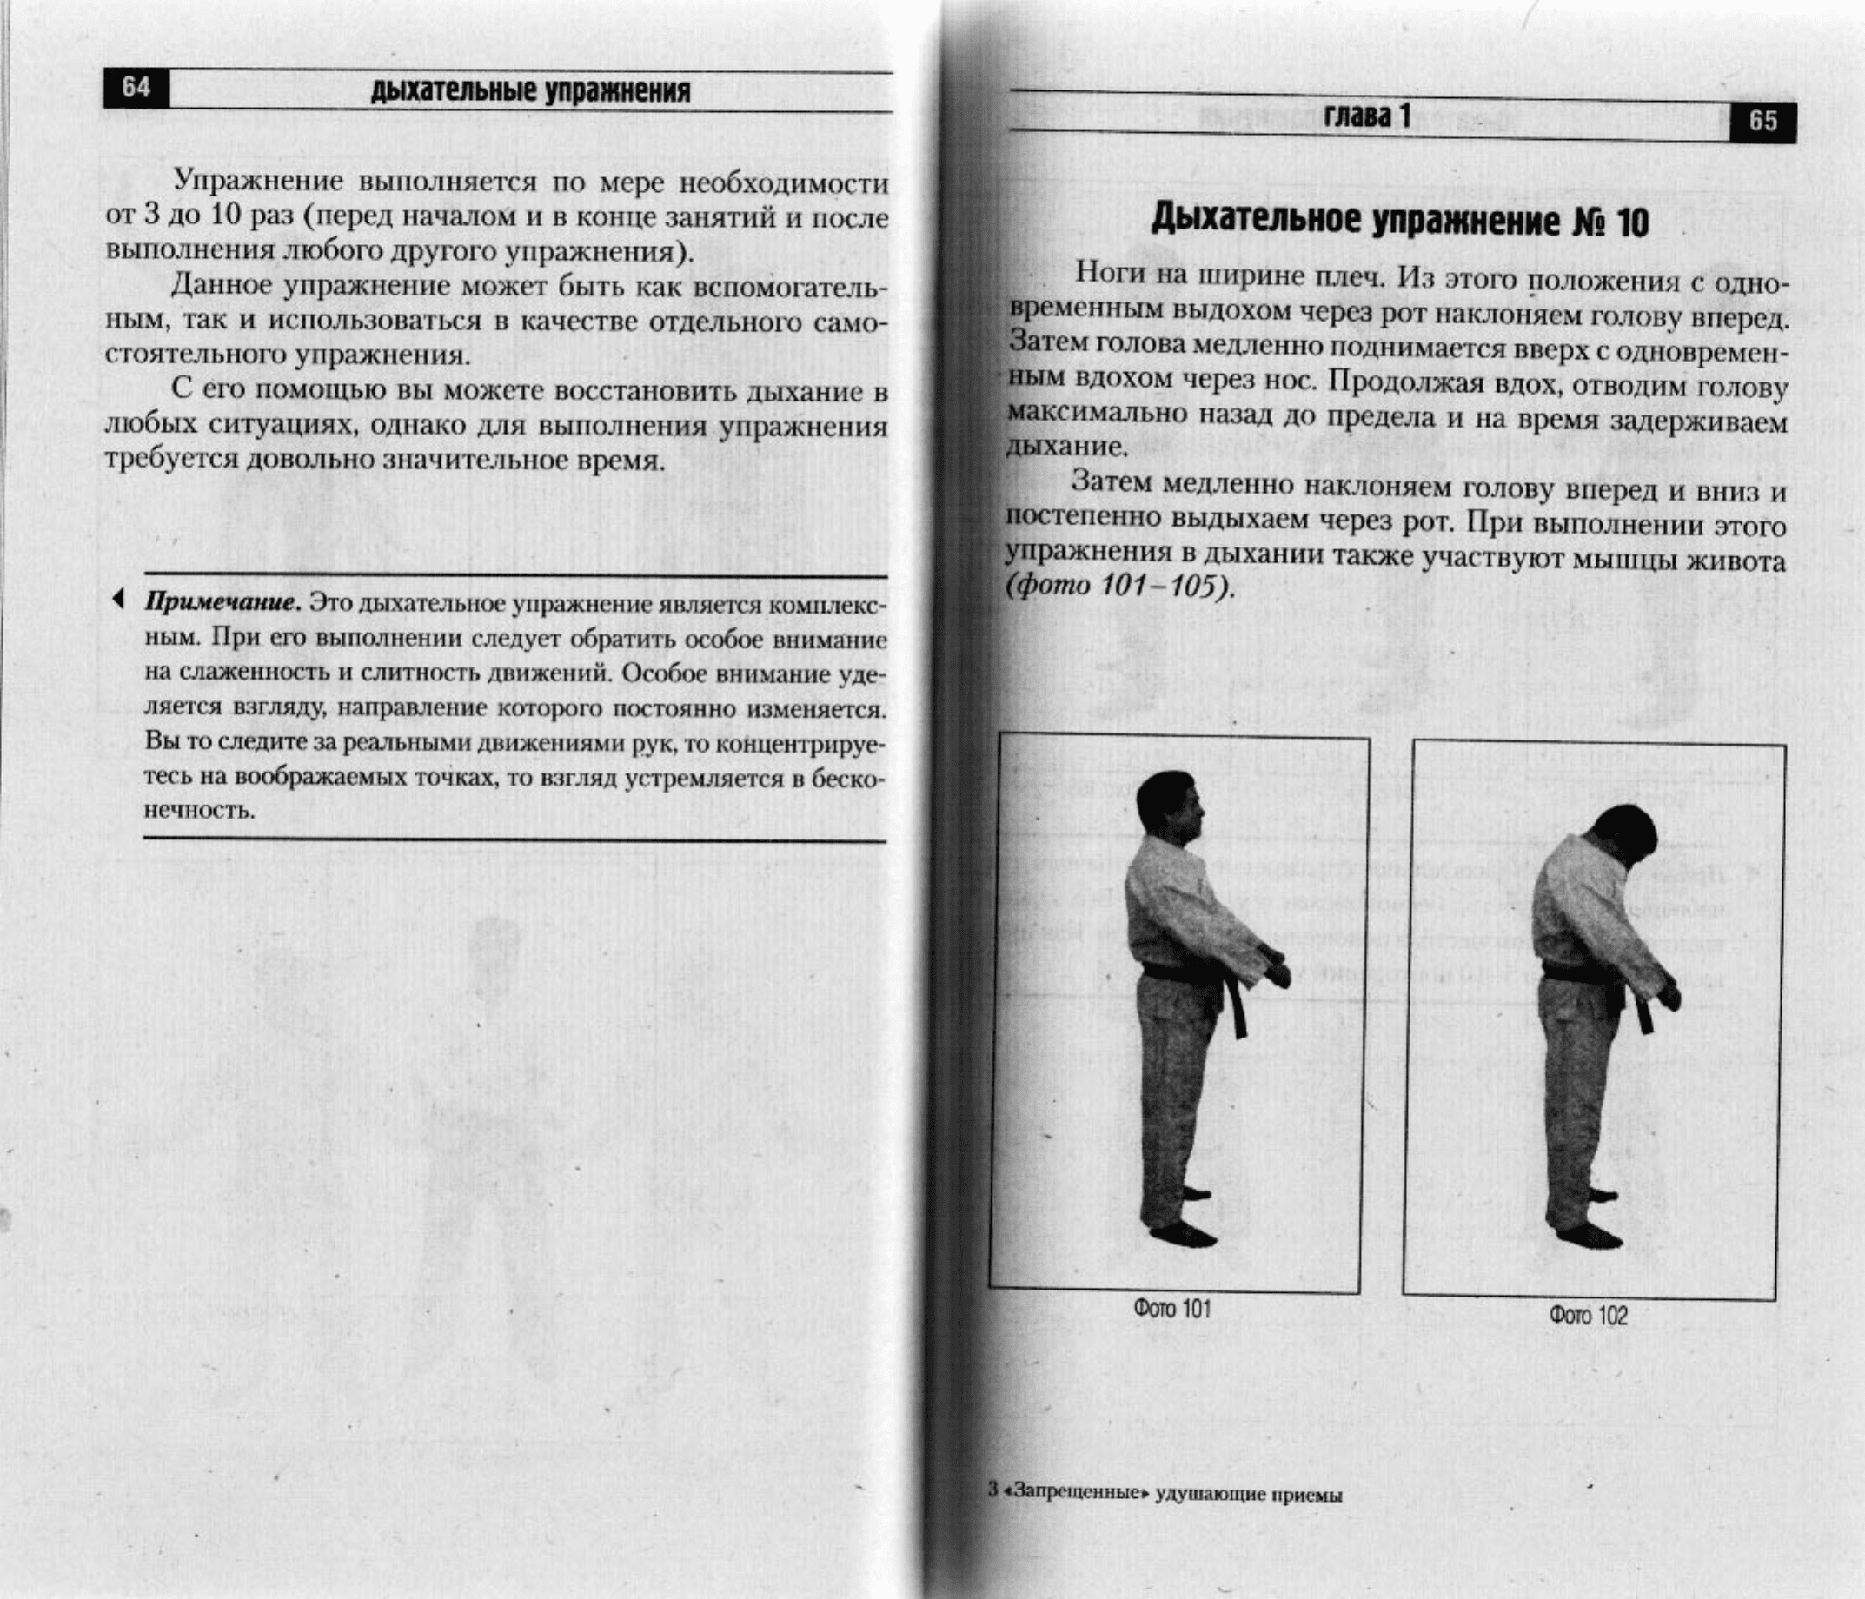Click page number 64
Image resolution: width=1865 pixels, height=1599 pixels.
coord(136,87)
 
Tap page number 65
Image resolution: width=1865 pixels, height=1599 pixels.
coord(1762,122)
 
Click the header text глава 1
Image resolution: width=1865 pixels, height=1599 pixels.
coord(1365,116)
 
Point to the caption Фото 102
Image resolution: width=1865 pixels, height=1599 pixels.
coord(1589,1316)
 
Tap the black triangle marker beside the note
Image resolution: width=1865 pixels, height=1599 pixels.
coord(117,599)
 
